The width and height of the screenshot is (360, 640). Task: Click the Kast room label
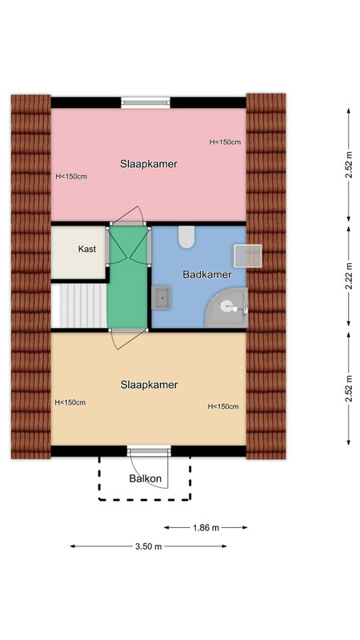[x=87, y=249]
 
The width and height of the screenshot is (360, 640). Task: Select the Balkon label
[x=146, y=478]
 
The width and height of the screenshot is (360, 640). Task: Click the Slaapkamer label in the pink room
[x=149, y=164]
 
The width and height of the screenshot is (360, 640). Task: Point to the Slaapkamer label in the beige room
[x=149, y=385]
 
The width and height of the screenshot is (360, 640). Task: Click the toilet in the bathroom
[x=186, y=237]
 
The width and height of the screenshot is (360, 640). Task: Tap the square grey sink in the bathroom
[x=162, y=298]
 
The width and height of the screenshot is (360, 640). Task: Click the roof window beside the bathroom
[x=247, y=256]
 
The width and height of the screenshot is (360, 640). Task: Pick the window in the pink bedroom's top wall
[x=146, y=102]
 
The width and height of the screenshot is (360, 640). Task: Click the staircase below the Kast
[x=78, y=306]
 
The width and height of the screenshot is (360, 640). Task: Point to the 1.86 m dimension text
[x=206, y=528]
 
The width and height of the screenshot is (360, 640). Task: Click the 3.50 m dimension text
[x=149, y=546]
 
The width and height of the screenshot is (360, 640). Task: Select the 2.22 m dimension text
[x=349, y=276]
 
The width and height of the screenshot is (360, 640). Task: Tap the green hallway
[x=127, y=277]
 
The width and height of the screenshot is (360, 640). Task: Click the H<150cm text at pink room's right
[x=225, y=142]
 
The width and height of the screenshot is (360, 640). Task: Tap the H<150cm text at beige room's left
[x=70, y=402]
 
